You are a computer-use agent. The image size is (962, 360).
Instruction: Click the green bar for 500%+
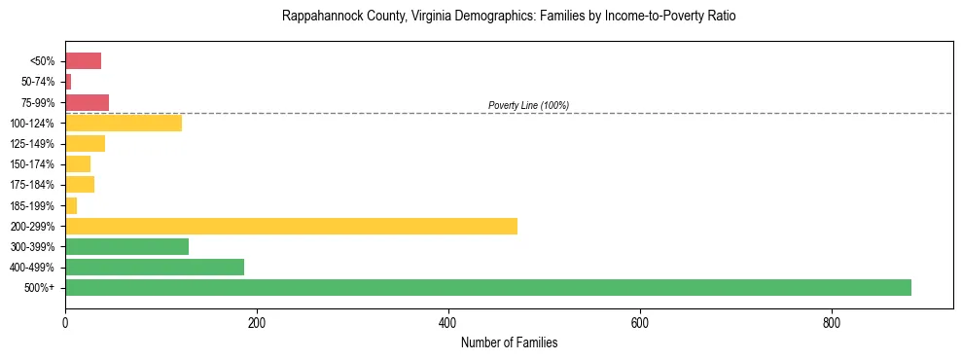(487, 287)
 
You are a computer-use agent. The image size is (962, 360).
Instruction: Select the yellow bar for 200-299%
(291, 226)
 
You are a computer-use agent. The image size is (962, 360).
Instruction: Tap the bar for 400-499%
(155, 267)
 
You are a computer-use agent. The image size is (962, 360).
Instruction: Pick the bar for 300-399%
(126, 246)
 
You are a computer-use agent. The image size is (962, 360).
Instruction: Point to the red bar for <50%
(83, 61)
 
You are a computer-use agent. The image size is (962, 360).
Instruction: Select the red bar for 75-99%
(87, 102)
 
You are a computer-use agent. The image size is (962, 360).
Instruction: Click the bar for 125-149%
(85, 143)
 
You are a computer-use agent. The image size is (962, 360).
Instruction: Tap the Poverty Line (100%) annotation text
(528, 105)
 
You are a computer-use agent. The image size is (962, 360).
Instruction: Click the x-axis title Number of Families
(509, 343)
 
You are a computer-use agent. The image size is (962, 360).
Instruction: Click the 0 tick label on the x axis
(65, 322)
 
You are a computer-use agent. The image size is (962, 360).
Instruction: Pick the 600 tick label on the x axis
(640, 322)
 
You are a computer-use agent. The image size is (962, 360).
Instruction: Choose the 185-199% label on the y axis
(33, 205)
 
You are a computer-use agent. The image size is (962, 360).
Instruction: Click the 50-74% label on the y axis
(37, 82)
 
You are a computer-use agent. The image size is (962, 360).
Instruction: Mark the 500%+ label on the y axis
(41, 288)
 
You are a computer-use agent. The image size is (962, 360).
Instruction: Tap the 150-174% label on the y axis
(33, 164)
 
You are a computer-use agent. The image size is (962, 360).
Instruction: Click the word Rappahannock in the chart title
(317, 17)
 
